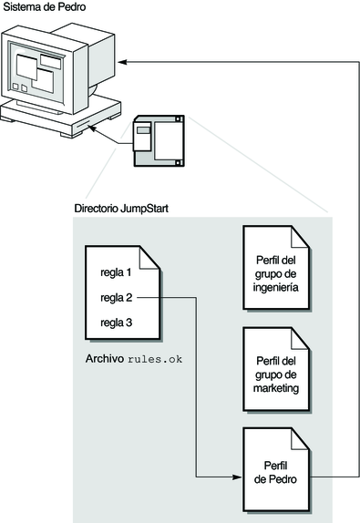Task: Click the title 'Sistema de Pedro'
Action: (45, 7)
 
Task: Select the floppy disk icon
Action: (159, 140)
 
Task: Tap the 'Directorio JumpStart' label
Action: (121, 209)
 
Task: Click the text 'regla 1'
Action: (116, 272)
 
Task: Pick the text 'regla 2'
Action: (117, 298)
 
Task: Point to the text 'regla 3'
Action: (117, 323)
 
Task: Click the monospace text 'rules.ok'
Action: (155, 359)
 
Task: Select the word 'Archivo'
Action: (105, 359)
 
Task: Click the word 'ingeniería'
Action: (275, 288)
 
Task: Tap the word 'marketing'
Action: (276, 388)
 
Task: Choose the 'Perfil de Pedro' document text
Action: (275, 472)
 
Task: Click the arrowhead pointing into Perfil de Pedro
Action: (238, 477)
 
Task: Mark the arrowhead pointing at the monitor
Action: (122, 62)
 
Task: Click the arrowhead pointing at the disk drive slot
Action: (92, 128)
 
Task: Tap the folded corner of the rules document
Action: (149, 258)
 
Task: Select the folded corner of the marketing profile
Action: (299, 339)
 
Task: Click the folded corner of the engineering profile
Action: (299, 237)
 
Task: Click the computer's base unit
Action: (61, 117)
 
